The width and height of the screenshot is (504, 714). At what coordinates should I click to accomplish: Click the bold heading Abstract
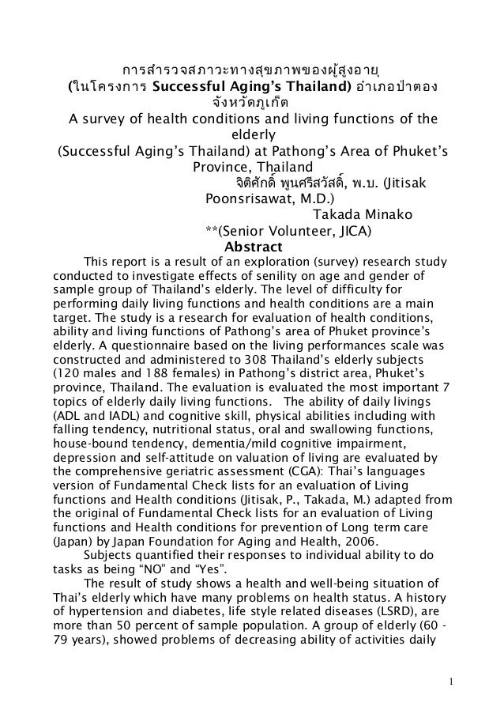[251, 247]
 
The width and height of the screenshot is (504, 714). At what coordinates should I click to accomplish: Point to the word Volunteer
[299, 230]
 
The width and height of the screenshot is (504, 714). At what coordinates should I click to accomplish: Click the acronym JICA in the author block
[354, 230]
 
